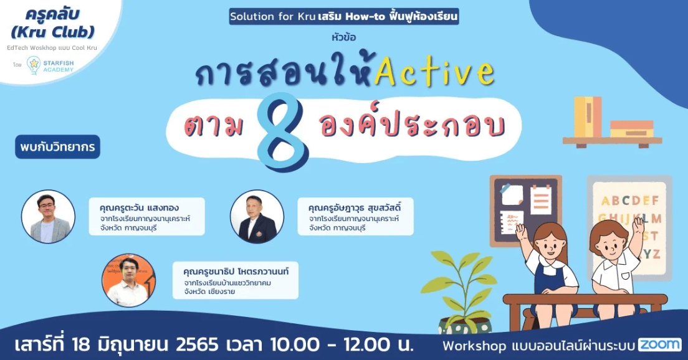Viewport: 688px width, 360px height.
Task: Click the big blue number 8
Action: (283, 131)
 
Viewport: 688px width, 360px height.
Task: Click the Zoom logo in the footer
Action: (659, 344)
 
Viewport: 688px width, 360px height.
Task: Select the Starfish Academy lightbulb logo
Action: (34, 65)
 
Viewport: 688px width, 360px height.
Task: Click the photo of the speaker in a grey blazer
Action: (48, 217)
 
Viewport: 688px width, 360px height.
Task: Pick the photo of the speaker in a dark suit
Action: (257, 217)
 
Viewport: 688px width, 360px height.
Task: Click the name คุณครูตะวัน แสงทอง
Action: (139, 208)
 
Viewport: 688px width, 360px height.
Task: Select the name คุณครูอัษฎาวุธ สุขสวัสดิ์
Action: (355, 208)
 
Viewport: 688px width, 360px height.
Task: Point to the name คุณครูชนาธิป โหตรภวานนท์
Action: (236, 272)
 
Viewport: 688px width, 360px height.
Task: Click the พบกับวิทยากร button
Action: (57, 147)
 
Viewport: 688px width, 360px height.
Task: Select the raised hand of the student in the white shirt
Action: (638, 225)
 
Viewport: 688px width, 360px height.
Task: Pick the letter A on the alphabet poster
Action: (606, 201)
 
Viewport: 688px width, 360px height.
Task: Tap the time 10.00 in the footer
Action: (294, 344)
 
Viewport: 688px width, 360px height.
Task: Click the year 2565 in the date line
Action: (197, 344)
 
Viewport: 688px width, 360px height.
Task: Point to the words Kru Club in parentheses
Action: (52, 32)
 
